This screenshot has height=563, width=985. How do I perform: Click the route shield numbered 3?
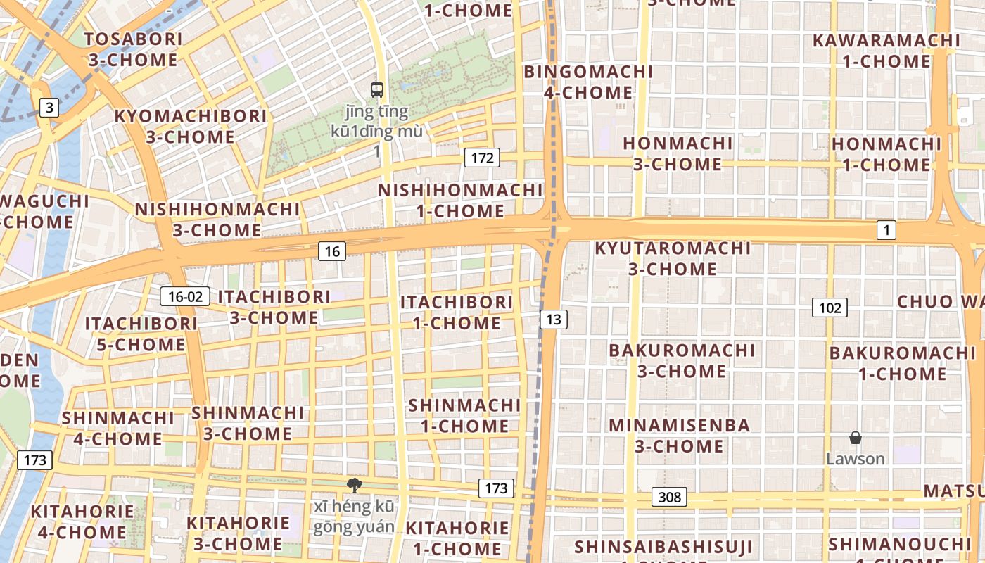tap(49, 108)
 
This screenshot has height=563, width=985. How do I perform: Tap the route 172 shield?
tap(482, 158)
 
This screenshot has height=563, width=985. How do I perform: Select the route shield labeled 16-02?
tap(185, 296)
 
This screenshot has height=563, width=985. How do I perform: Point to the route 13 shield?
tap(554, 320)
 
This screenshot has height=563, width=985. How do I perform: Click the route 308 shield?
tap(669, 498)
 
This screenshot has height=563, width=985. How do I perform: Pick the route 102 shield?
tap(830, 308)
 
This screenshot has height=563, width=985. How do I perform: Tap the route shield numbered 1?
tap(887, 229)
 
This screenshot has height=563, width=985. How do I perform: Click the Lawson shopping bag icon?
tap(856, 438)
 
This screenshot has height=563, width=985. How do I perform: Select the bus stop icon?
tap(377, 89)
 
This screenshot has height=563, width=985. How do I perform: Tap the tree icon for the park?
tap(355, 485)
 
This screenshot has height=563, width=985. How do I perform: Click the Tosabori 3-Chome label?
tap(133, 49)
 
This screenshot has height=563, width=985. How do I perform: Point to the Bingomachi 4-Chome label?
tap(588, 82)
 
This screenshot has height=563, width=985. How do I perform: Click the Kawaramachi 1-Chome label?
tap(886, 50)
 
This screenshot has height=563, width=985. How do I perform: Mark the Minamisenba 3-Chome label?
tap(679, 436)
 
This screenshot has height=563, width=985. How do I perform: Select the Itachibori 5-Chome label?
tap(141, 334)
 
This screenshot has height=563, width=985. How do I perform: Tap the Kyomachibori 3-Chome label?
tap(190, 126)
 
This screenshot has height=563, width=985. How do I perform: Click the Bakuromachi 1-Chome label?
tap(899, 363)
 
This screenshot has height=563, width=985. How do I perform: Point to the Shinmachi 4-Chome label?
tap(117, 428)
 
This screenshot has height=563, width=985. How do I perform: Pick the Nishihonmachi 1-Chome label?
tap(460, 201)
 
